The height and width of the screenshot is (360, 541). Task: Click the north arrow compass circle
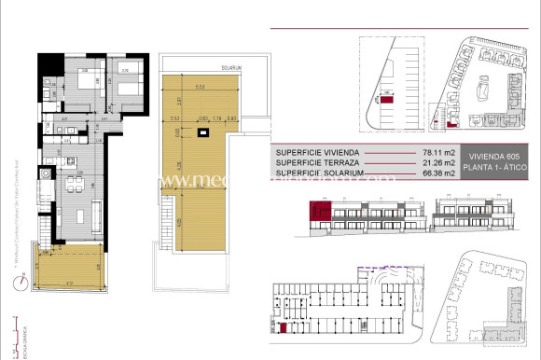pyautogui.click(x=18, y=284)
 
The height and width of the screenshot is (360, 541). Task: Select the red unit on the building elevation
pyautogui.click(x=322, y=215)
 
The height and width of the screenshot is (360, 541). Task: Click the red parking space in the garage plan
pyautogui.click(x=282, y=326)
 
